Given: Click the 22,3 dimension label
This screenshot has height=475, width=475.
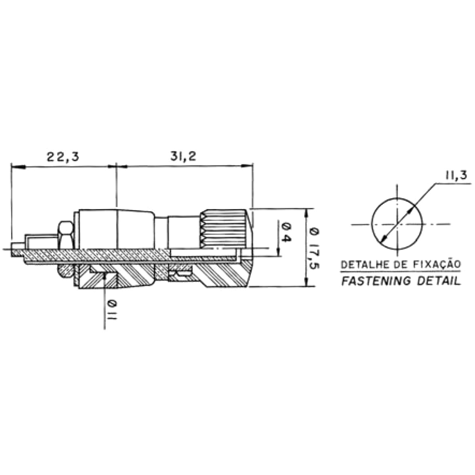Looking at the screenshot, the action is [63, 157].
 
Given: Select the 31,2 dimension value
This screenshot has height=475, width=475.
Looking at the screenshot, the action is [184, 156].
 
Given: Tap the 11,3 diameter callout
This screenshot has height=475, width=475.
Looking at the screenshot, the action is [456, 175].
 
